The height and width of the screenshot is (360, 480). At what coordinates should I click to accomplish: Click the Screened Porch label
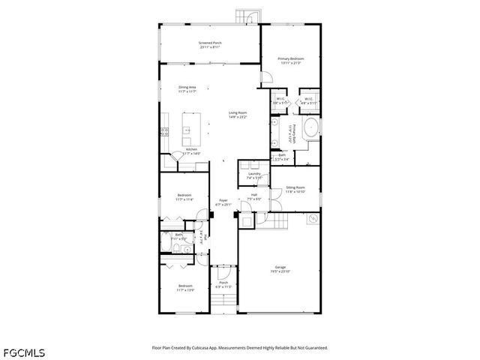(x=209, y=45)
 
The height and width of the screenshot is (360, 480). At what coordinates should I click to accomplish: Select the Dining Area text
(x=187, y=89)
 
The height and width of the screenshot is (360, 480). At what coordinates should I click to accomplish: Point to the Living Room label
(x=238, y=115)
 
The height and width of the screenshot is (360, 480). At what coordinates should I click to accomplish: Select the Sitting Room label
(x=295, y=189)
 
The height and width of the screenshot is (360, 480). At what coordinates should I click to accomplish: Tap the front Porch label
(x=223, y=284)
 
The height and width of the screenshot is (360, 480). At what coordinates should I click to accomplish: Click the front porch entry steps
(x=223, y=303)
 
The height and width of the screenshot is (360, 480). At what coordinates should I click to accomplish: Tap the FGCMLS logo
(x=24, y=351)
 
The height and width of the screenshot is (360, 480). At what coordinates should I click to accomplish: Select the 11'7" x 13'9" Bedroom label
(x=185, y=287)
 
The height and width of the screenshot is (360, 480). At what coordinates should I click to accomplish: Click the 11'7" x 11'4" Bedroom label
(x=184, y=198)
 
